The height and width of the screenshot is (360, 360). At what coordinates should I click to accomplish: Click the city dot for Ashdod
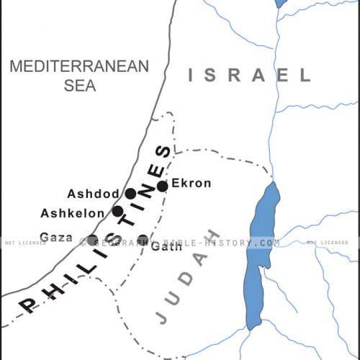pos(130,194)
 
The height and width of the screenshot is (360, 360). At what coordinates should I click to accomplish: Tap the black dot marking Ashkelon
pos(117,212)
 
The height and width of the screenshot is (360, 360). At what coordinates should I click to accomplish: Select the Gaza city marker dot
pos(92,240)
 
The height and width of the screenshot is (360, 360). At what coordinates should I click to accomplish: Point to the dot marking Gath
pos(143,240)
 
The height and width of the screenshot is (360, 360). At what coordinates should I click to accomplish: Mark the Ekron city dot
pos(163,186)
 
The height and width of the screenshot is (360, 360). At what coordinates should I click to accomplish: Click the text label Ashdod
pos(91,194)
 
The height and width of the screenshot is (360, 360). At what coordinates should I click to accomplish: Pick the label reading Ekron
pos(191,184)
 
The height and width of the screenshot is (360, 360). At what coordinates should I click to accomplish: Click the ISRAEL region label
pos(249,74)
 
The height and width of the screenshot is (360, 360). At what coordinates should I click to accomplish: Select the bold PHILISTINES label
pos(101,230)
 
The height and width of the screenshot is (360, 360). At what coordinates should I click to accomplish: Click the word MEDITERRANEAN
pos(78,66)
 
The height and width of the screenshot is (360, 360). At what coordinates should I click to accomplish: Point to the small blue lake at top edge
pos(281,4)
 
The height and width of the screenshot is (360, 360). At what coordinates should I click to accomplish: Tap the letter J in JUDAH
pos(162,315)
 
